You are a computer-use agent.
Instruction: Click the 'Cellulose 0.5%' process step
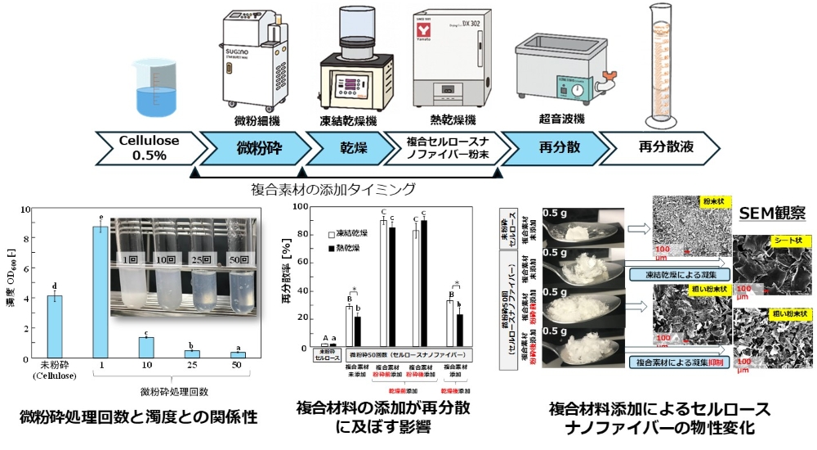pos(147,146)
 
